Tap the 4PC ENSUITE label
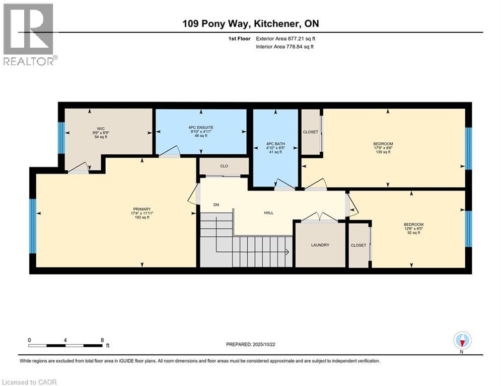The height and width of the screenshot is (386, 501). pos(201,128)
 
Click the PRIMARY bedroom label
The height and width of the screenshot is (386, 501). pos(142,209)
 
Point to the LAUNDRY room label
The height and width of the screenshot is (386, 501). pos(320,245)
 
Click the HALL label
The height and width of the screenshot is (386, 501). pos(269,213)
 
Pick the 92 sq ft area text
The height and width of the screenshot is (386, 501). pos(413,233)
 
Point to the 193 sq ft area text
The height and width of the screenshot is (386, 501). pos(142,218)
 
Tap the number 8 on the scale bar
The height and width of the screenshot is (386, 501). pos(102,340)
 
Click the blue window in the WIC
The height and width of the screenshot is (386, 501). pos(61,137)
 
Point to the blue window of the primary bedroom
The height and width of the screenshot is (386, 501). pos(33,226)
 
